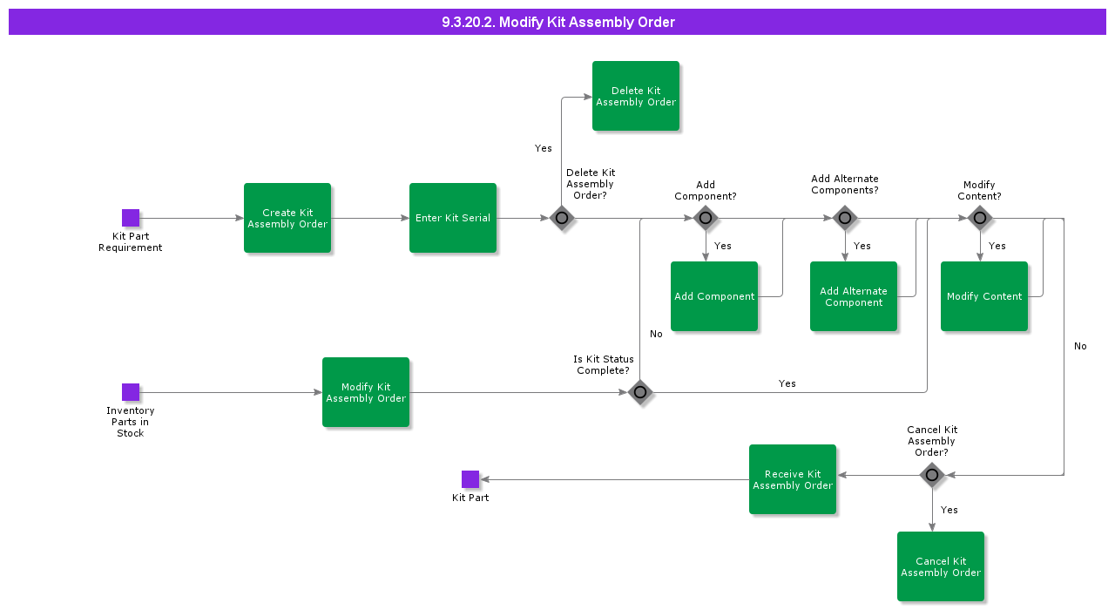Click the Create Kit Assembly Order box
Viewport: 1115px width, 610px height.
coord(287,218)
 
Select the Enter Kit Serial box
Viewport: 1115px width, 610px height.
coord(453,218)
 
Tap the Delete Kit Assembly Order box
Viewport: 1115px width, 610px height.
coord(636,96)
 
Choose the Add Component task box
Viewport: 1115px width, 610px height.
coord(714,296)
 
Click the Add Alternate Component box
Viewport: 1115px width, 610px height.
coord(854,296)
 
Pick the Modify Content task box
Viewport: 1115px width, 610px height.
coord(984,296)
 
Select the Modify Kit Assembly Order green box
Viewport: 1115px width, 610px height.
coord(366,392)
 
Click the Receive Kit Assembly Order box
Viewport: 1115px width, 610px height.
coord(793,479)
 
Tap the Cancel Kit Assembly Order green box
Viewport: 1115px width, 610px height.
coord(941,566)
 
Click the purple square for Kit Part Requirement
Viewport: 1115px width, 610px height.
coord(131,218)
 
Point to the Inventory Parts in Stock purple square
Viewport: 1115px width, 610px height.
coord(131,392)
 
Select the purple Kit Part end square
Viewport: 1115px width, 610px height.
coord(470,479)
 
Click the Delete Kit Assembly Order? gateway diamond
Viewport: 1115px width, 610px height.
coord(562,218)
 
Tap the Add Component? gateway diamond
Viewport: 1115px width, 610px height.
coord(706,218)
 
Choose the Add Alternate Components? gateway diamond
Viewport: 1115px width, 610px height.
coord(844,218)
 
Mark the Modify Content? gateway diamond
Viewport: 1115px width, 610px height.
coord(980,218)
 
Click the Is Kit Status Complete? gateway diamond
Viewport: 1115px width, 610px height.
coord(640,392)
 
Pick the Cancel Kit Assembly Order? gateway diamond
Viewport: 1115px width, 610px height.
coord(932,475)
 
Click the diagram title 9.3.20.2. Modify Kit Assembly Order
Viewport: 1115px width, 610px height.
coord(557,22)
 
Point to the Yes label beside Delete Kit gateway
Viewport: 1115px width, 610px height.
coord(544,148)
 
